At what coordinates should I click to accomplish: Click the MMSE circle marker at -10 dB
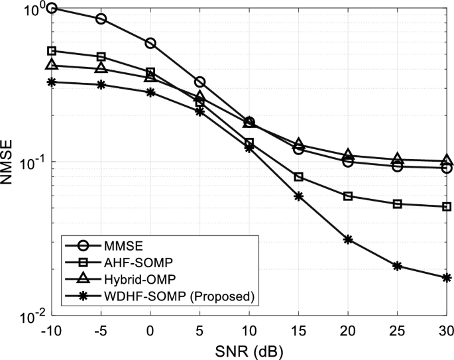51,8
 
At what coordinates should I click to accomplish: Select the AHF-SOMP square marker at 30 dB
447,207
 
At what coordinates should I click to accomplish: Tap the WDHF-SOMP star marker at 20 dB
348,239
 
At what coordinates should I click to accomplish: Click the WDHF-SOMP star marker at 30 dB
447,278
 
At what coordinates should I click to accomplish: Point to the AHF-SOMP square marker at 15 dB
298,177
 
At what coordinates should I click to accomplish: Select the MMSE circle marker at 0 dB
150,43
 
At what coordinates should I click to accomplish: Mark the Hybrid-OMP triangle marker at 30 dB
447,160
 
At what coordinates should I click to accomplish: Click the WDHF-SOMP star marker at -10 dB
51,82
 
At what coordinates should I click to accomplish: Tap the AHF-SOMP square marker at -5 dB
101,57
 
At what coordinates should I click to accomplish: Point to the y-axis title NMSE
9,162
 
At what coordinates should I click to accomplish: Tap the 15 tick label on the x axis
298,330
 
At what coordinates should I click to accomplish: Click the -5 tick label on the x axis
100,330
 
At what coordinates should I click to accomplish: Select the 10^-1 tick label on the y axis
32,163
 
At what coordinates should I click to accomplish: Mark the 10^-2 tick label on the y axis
32,316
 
